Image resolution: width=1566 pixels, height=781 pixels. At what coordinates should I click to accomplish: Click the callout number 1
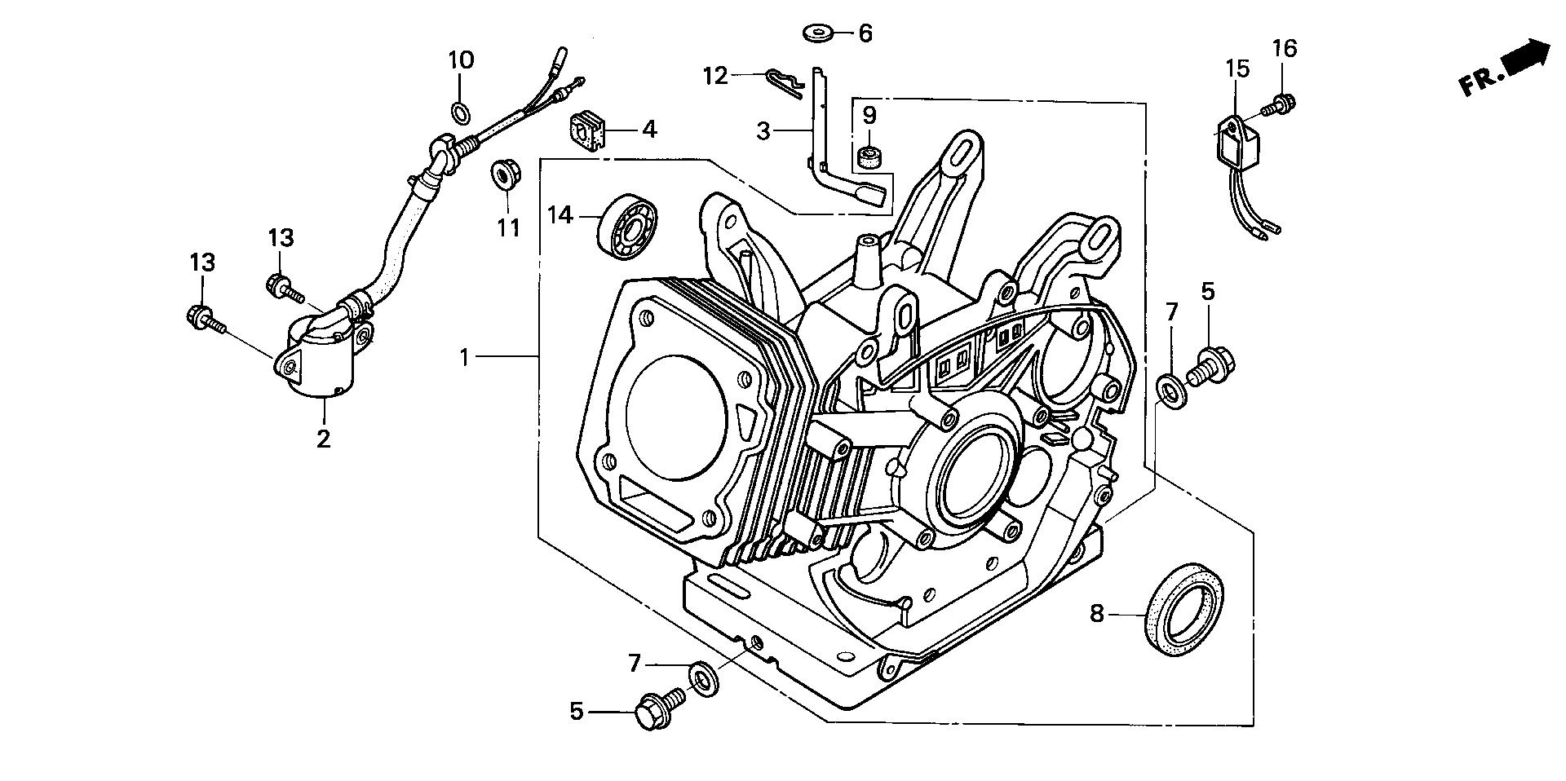coord(464,357)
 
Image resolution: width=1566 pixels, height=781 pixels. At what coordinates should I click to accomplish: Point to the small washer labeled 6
coord(815,33)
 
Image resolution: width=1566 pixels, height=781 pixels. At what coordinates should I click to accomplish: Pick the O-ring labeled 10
coord(459,110)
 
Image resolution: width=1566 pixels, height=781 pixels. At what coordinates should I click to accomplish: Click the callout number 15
coord(1237,68)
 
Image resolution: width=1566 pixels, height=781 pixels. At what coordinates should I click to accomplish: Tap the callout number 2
coord(324,439)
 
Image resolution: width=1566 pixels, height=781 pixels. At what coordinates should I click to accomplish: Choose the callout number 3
coord(763,130)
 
